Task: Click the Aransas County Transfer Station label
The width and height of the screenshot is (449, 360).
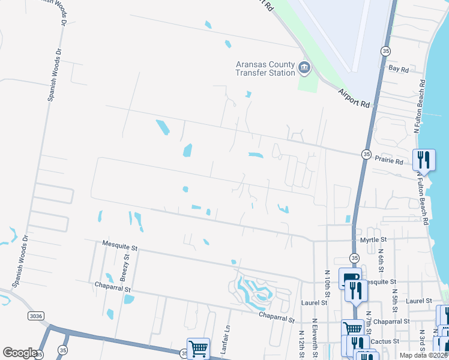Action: [x=265, y=68]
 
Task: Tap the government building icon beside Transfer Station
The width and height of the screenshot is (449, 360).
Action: [x=304, y=67]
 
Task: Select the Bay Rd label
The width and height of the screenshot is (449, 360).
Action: [x=399, y=70]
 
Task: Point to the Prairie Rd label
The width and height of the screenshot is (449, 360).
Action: [x=390, y=161]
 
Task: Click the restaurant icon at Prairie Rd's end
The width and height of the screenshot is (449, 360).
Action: [x=424, y=160]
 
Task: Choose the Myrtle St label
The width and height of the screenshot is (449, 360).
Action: [x=373, y=239]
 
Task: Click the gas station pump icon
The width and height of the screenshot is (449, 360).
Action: [x=350, y=277]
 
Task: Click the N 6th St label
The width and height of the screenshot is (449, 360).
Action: [x=381, y=263]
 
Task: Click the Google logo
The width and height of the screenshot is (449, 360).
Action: [x=20, y=353]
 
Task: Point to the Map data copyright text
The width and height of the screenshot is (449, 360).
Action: [x=424, y=355]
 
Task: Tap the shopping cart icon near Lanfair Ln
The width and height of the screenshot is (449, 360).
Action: [x=197, y=348]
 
